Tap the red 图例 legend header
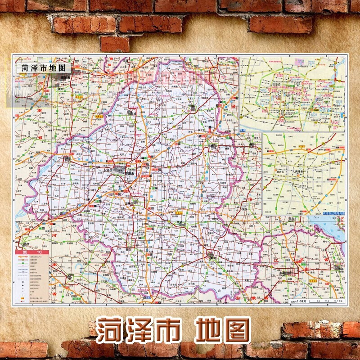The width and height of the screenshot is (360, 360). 33,252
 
